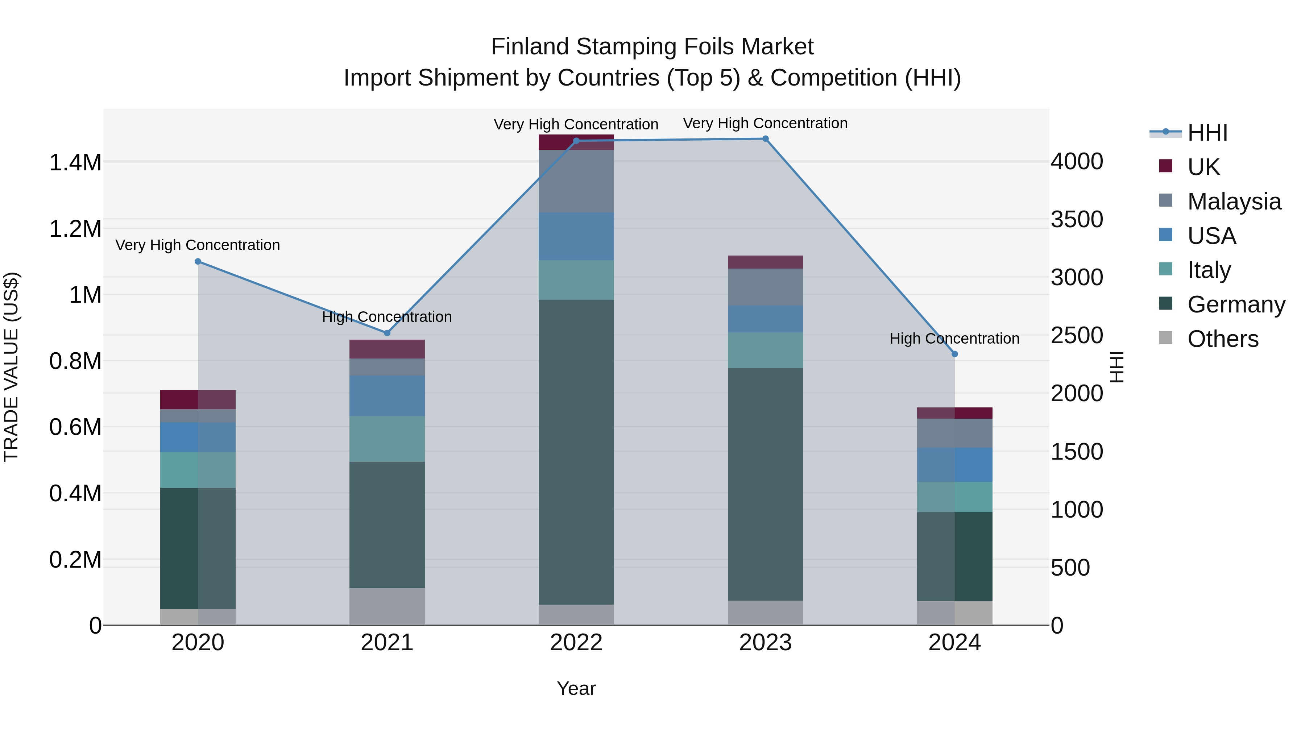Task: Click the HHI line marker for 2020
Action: pos(198,261)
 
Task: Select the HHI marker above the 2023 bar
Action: pos(766,139)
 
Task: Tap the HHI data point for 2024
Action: pos(954,354)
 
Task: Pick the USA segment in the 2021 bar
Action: pos(387,395)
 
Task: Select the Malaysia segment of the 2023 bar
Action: pos(766,287)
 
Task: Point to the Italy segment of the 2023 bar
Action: pos(766,350)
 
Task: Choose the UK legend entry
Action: pos(1203,167)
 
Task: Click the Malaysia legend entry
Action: pos(1234,202)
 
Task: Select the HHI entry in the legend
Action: pos(1207,133)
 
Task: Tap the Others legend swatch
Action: pos(1166,338)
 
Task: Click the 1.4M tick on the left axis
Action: pos(75,163)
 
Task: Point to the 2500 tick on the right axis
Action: pos(1077,335)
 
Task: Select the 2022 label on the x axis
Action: pos(576,642)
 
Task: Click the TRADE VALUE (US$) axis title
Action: pos(11,367)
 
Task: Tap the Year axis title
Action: pos(576,688)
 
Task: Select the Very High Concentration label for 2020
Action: pos(198,245)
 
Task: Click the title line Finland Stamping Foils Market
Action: pos(652,47)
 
